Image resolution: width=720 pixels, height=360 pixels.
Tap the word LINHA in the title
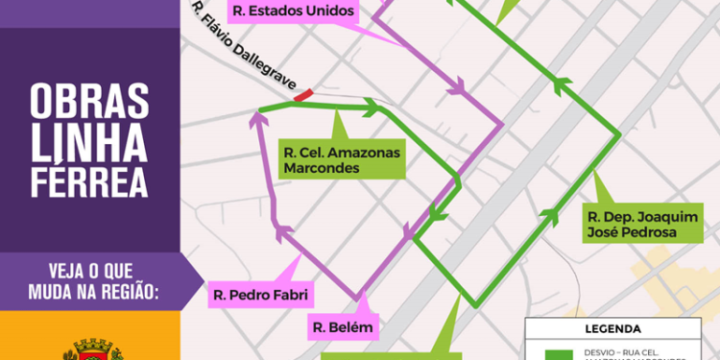tap(90, 141)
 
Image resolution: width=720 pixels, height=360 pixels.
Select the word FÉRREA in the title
tap(90, 180)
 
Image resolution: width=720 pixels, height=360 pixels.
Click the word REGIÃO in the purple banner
tap(131, 289)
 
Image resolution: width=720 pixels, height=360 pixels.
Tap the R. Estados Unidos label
tap(293, 12)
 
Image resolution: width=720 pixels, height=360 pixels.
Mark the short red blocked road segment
tap(302, 94)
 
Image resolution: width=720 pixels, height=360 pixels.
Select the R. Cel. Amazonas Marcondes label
tap(342, 159)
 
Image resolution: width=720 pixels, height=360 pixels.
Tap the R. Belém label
tap(341, 328)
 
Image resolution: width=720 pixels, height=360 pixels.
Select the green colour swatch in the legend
tap(558, 353)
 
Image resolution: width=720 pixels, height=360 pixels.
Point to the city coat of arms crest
tap(90, 349)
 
